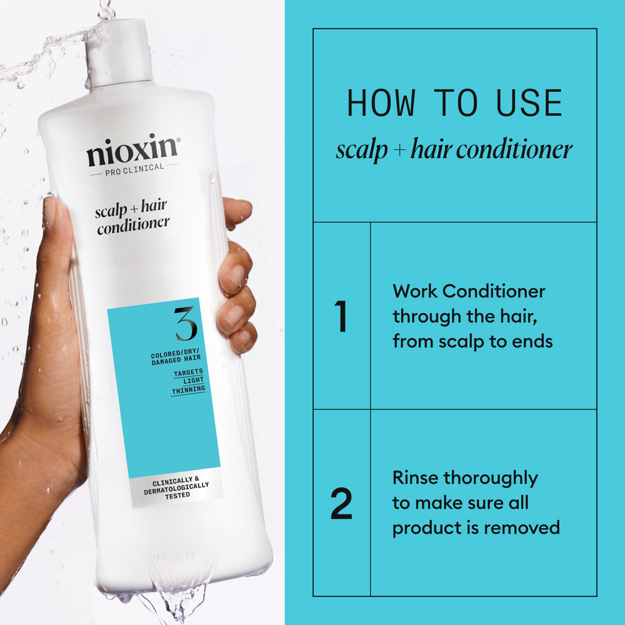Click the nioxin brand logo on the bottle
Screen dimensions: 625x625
[132, 152]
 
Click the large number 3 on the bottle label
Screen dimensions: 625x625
[186, 323]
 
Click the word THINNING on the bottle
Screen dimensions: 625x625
[188, 389]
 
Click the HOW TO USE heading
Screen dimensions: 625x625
[454, 104]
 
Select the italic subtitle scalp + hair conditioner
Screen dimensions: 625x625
[454, 150]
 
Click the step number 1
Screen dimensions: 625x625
[341, 317]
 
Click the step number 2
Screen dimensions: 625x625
[341, 505]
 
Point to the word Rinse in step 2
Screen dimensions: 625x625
[416, 478]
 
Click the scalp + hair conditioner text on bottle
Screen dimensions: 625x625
[132, 217]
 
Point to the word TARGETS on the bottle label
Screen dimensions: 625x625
[188, 372]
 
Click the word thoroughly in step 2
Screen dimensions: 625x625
[491, 479]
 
